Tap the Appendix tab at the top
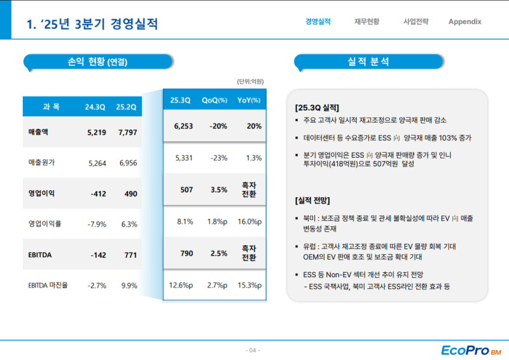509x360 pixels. tap(464, 22)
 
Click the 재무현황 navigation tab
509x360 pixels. tap(367, 22)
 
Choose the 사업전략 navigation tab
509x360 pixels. tap(416, 22)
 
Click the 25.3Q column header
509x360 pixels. tap(181, 100)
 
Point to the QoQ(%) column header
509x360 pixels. tap(214, 100)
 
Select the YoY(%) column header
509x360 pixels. tap(249, 100)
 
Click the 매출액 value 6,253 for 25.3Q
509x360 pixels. tap(183, 126)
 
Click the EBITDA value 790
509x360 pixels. tap(186, 253)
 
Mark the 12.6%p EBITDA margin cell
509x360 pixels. tap(181, 285)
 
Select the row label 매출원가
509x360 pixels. tap(42, 162)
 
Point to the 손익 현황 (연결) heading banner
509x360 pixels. tap(98, 62)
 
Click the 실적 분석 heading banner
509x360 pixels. tap(368, 62)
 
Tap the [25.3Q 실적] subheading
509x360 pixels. tap(317, 107)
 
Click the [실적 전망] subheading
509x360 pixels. tap(312, 200)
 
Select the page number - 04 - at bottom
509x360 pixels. tap(253, 350)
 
